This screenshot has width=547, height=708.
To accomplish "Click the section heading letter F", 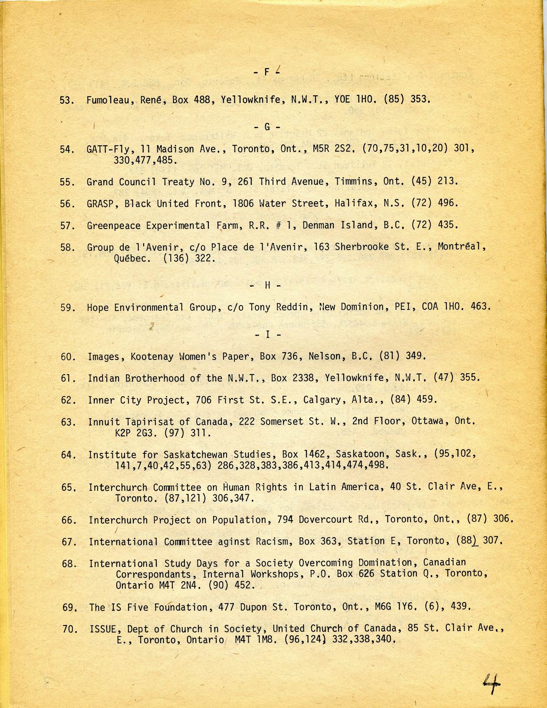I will click(267, 72).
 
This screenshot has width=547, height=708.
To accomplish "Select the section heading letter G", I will click(267, 127).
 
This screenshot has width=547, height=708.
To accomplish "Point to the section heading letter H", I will click(267, 285).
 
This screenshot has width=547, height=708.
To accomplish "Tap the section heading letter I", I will click(267, 335).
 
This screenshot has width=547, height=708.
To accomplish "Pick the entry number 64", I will click(69, 455).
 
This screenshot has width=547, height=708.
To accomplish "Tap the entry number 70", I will click(69, 629).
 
